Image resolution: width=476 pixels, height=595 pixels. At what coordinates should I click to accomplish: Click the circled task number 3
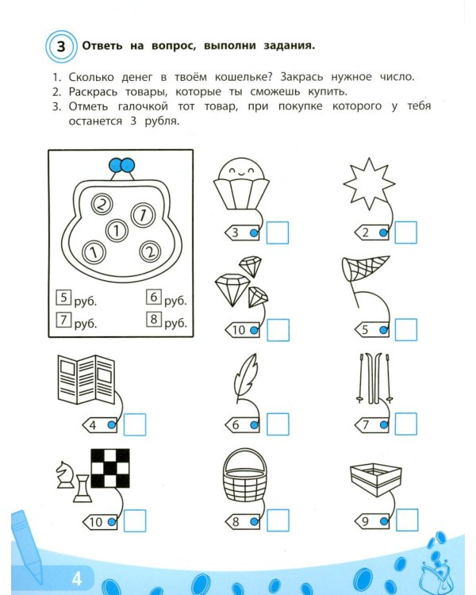click(x=61, y=46)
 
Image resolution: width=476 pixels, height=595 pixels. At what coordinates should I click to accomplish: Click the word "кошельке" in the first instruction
click(x=244, y=77)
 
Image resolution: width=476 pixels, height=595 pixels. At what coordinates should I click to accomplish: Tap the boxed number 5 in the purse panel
click(x=63, y=297)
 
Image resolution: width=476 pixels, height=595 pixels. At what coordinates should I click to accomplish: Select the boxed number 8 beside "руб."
click(x=154, y=319)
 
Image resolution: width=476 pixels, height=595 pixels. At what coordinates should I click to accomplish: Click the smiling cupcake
click(x=241, y=184)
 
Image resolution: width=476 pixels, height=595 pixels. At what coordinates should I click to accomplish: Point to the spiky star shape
click(x=369, y=184)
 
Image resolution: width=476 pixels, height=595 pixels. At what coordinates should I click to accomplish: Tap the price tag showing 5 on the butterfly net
click(x=372, y=329)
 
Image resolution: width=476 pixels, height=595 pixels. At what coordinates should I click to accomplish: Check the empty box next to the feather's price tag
click(x=278, y=424)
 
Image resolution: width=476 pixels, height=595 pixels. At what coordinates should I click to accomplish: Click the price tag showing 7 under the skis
click(x=372, y=425)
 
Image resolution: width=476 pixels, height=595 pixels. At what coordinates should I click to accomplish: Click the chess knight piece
click(x=64, y=474)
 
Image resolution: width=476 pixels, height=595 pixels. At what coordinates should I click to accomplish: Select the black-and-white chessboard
click(x=110, y=468)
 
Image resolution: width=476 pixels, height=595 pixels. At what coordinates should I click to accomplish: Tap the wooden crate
click(x=376, y=480)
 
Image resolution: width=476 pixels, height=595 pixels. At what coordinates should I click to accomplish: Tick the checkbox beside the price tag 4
click(x=135, y=424)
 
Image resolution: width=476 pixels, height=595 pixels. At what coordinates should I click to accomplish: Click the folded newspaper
click(x=86, y=379)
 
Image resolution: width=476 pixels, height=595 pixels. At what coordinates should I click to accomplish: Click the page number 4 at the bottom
click(x=77, y=579)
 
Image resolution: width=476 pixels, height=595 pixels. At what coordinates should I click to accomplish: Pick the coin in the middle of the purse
click(x=117, y=231)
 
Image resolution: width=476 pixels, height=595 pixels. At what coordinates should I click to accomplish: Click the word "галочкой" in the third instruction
click(x=143, y=106)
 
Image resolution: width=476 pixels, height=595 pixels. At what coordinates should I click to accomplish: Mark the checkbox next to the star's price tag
click(x=405, y=232)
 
